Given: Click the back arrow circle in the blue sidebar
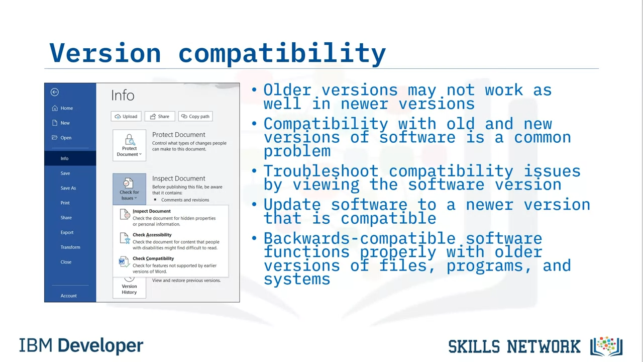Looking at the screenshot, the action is (55, 92).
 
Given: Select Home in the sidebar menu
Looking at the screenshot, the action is (62, 108).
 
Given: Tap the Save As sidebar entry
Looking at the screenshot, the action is (68, 188).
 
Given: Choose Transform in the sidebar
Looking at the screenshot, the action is (70, 247).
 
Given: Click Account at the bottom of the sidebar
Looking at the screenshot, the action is (69, 296).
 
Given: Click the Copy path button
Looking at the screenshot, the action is (195, 116).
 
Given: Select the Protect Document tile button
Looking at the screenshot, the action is (129, 145).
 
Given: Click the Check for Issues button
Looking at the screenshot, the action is (129, 189).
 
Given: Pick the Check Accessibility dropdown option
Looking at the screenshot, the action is (169, 241).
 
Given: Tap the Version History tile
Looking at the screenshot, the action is (129, 287).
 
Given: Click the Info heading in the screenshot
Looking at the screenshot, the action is (123, 95).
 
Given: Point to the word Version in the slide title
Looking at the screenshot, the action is (105, 53).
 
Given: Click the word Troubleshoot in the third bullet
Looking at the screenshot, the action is (321, 171).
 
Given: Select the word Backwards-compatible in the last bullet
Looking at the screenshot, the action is (359, 238).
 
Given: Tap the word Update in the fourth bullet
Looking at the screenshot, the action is (292, 205).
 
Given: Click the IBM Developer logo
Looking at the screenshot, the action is (81, 345).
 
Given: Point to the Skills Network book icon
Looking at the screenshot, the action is (606, 346).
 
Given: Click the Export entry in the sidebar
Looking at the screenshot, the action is (67, 232).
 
